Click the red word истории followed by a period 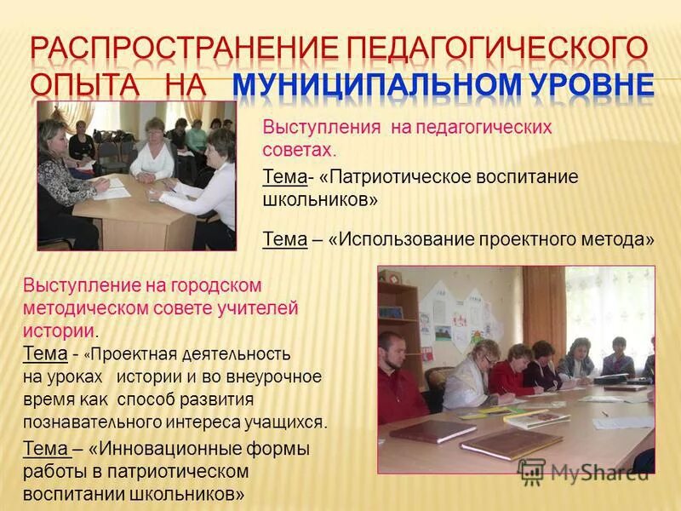click(x=60, y=330)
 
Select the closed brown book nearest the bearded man click(x=431, y=431)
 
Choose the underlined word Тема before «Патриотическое click(x=283, y=176)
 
